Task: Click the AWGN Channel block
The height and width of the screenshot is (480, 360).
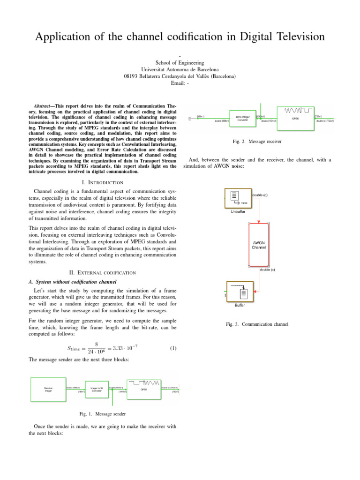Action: point(259,244)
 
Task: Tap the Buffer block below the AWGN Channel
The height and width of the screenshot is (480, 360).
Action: point(240,293)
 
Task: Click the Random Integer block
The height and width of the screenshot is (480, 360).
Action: point(48,390)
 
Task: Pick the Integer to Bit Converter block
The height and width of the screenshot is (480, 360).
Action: point(97,390)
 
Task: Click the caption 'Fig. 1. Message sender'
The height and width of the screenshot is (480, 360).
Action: point(103,414)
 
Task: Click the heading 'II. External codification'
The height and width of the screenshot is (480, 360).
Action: point(103,272)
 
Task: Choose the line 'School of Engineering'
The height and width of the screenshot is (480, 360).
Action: point(180,62)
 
